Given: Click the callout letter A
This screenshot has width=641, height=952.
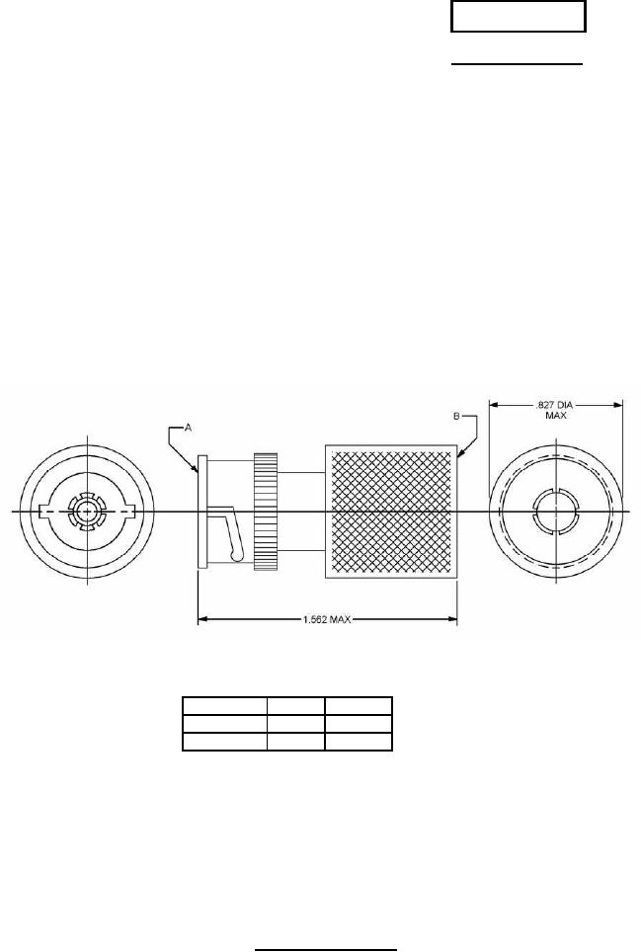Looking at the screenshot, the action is (189, 428).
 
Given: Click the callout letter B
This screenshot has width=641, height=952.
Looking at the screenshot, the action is (456, 417).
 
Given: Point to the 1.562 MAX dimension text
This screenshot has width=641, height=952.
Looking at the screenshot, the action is (327, 619).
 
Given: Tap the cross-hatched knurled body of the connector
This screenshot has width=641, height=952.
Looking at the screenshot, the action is (391, 512).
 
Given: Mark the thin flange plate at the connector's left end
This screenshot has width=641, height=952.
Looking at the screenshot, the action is (202, 512).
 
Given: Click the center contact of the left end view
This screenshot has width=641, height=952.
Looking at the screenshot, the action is (88, 512).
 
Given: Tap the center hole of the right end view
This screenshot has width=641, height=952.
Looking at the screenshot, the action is (556, 512).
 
